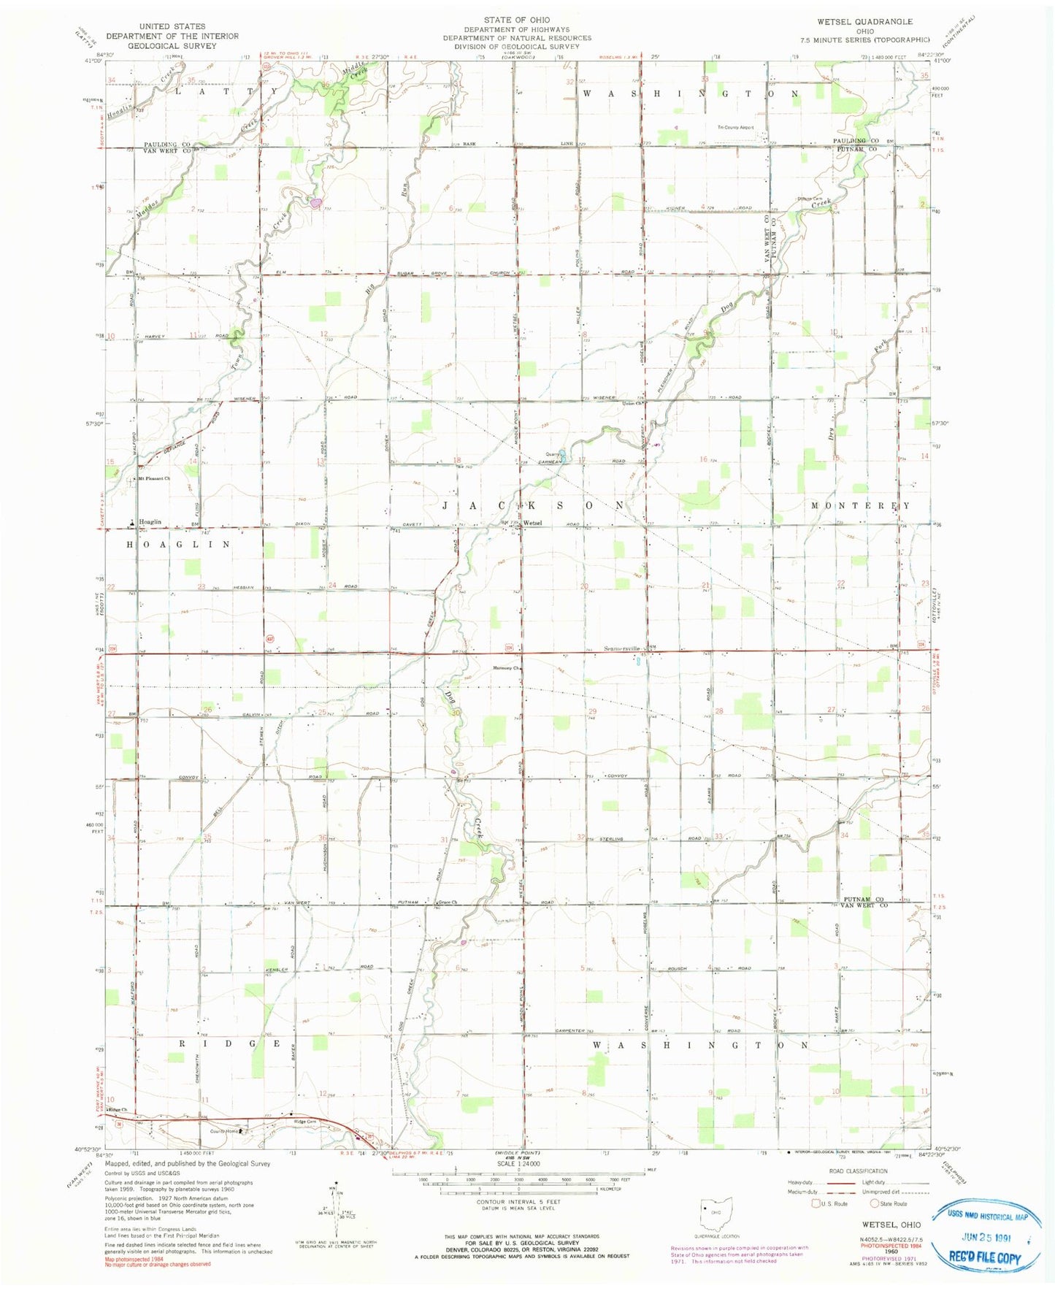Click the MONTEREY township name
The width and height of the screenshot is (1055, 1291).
[861, 505]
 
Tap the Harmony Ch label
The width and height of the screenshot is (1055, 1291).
[507, 667]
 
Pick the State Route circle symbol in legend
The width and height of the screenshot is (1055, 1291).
[875, 1203]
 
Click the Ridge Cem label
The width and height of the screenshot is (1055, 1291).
[305, 1121]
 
